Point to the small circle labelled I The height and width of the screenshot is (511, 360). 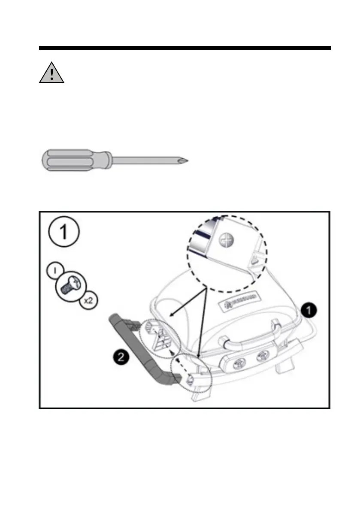point(54,272)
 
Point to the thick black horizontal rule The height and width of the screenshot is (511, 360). point(185,48)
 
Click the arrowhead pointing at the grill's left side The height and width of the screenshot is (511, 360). point(172,314)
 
